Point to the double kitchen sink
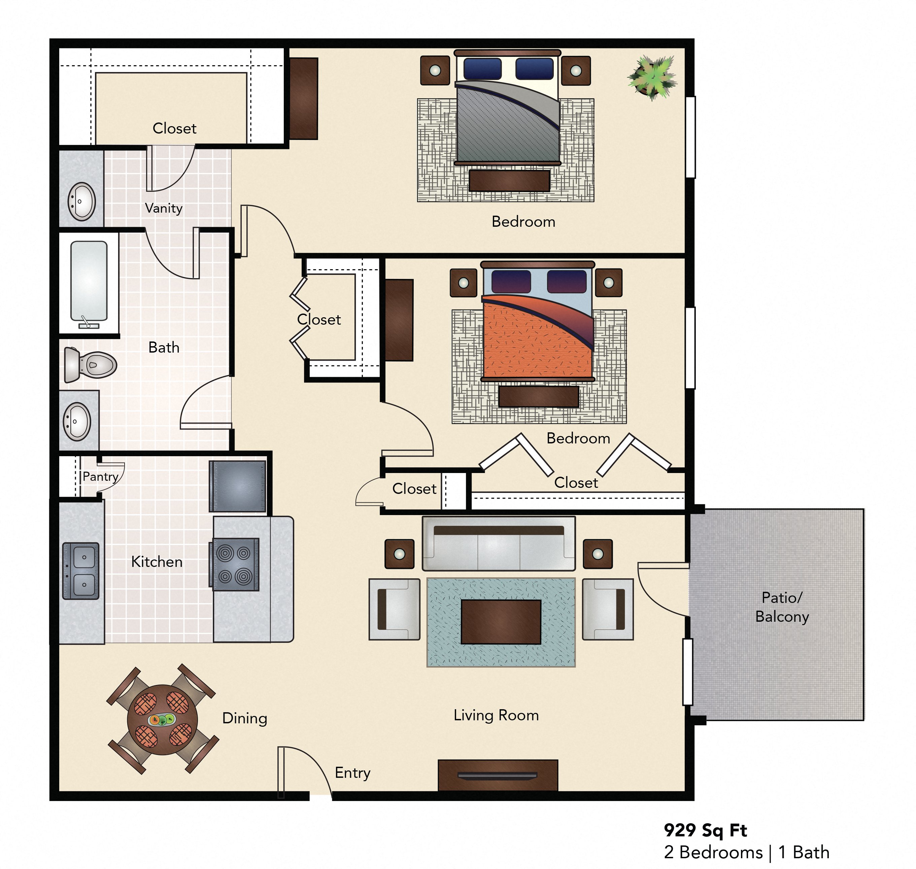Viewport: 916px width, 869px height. coord(81,571)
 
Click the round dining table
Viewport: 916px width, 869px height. coord(162,720)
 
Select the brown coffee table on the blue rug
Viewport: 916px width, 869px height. coord(501,622)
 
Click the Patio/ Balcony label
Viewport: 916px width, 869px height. coord(782,607)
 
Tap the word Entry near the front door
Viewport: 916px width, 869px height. coord(353,773)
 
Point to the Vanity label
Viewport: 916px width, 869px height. coord(164,209)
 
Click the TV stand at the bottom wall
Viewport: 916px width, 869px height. coord(498,775)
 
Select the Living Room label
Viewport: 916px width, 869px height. coord(496,715)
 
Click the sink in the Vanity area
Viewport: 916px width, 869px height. coord(81,202)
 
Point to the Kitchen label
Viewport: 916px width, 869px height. coord(157,562)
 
